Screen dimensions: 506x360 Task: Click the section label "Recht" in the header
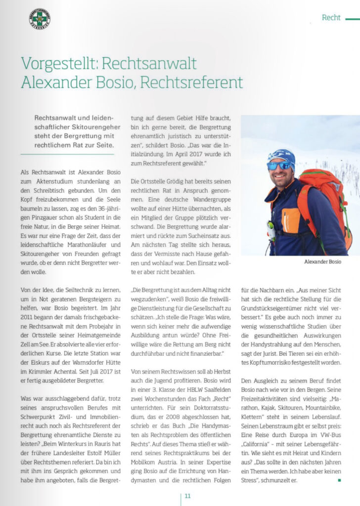click(331, 17)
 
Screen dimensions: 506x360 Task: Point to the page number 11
click(188, 496)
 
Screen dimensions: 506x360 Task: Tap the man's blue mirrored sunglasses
click(279, 166)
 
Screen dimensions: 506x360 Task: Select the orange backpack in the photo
click(326, 198)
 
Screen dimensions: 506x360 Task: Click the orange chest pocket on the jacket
click(291, 219)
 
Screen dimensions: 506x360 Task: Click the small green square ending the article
click(339, 479)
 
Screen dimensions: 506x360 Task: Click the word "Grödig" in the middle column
click(179, 181)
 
